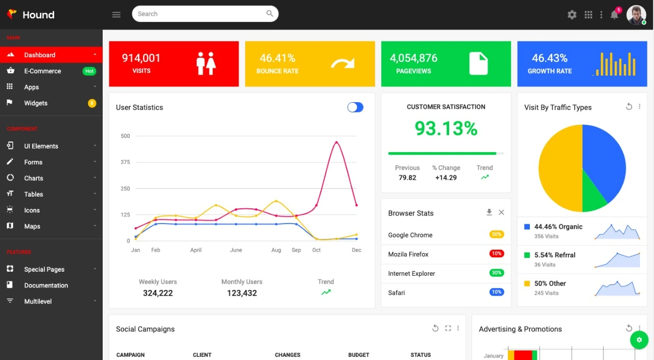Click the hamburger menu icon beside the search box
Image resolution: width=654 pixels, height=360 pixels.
click(116, 14)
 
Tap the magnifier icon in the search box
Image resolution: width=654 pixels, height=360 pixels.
click(270, 14)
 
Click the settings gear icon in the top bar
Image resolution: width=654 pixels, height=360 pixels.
click(572, 15)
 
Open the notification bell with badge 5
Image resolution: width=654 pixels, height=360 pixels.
click(615, 14)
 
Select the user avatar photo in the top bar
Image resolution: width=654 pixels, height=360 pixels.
click(636, 15)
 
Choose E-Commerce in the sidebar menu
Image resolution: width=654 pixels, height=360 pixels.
click(42, 71)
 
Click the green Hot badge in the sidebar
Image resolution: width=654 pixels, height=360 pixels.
click(89, 71)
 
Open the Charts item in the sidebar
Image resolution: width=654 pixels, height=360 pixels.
click(34, 178)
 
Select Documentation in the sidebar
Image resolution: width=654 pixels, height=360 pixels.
click(46, 285)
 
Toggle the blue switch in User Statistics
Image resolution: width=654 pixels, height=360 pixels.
click(355, 107)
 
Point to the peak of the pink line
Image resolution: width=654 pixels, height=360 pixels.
click(336, 142)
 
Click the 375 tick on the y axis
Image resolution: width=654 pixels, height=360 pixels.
click(125, 162)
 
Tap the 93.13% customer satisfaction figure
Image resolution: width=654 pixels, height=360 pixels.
click(446, 128)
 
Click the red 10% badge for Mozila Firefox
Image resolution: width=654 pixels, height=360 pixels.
click(496, 254)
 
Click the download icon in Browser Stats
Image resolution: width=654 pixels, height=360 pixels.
click(489, 212)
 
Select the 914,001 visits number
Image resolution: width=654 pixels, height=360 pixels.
click(141, 58)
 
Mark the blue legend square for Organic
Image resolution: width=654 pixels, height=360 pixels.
click(527, 226)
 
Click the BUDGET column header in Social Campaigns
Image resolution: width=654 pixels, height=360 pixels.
click(359, 355)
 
